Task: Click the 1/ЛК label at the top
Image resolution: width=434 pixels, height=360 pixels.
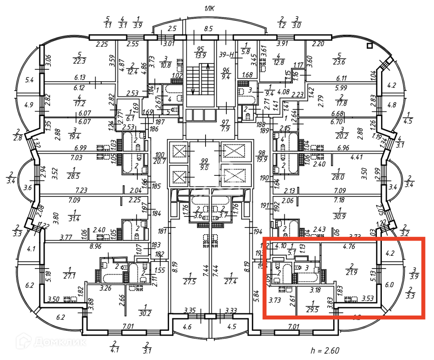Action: pyautogui.click(x=210, y=8)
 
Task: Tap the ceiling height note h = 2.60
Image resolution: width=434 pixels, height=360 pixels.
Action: pyautogui.click(x=325, y=350)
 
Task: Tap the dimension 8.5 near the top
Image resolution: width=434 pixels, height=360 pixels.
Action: pyautogui.click(x=208, y=29)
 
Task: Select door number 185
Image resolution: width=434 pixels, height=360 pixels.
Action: pyautogui.click(x=157, y=186)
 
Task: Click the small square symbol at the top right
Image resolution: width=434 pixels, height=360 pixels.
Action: pyautogui.click(x=370, y=45)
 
